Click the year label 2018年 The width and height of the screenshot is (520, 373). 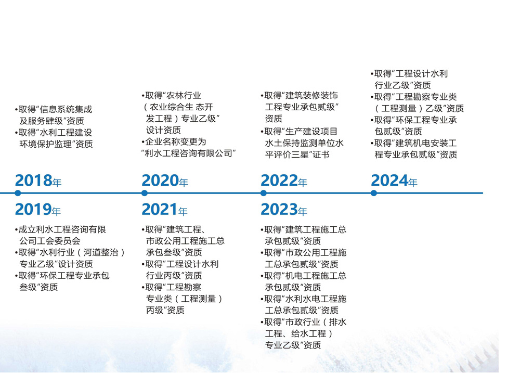(x=38, y=181)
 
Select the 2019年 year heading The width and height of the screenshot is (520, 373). (x=38, y=210)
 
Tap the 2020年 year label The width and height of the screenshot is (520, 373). (x=165, y=181)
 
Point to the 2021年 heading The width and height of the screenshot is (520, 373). (x=164, y=210)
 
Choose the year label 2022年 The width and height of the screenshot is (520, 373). (x=284, y=181)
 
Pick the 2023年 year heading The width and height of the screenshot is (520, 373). (x=284, y=210)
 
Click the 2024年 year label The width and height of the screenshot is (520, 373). (x=394, y=181)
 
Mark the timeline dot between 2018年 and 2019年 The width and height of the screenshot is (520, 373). (x=18, y=193)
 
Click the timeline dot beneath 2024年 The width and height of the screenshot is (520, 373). (x=374, y=193)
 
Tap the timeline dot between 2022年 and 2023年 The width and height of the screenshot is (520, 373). (x=264, y=193)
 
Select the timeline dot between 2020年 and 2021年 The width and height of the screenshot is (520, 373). (x=144, y=193)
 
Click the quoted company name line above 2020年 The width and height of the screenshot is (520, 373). (x=188, y=153)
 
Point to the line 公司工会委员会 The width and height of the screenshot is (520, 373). (x=50, y=241)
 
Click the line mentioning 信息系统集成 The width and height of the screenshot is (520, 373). (x=54, y=109)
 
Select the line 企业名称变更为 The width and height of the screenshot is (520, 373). (x=174, y=142)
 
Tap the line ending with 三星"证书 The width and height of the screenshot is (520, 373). (x=297, y=155)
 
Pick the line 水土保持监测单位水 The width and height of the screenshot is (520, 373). (x=304, y=143)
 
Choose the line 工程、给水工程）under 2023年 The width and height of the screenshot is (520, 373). (x=300, y=333)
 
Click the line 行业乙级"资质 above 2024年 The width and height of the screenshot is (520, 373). (x=402, y=85)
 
